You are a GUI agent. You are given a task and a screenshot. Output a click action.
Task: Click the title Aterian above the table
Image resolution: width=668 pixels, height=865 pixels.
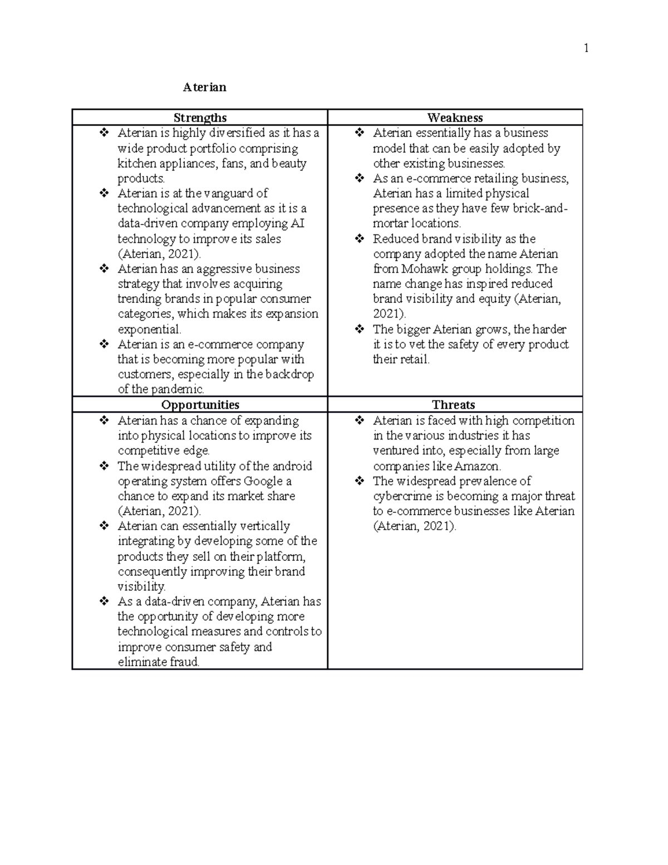[205, 87]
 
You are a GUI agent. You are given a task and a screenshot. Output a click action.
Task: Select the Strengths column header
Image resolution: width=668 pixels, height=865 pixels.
[200, 118]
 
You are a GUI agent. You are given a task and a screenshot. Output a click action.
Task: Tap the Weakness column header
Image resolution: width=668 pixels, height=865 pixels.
[455, 118]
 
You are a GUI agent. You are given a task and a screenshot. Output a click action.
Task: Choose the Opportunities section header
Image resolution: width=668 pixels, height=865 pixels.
[200, 405]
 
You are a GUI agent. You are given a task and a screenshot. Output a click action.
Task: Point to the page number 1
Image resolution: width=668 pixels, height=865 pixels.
[586, 48]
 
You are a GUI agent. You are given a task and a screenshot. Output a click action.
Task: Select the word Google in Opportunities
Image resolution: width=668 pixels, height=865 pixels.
[263, 481]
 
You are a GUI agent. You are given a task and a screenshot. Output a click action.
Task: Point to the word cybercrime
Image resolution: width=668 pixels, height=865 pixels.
[404, 496]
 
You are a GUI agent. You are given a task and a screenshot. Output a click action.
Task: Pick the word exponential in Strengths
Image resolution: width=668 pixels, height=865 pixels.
[149, 329]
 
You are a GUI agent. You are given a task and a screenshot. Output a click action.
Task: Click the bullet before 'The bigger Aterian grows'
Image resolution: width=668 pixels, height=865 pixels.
[360, 329]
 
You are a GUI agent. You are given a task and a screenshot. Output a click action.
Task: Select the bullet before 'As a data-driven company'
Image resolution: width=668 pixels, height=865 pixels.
[104, 602]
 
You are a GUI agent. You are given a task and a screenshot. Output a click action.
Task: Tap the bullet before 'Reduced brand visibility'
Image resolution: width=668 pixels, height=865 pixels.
[360, 239]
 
